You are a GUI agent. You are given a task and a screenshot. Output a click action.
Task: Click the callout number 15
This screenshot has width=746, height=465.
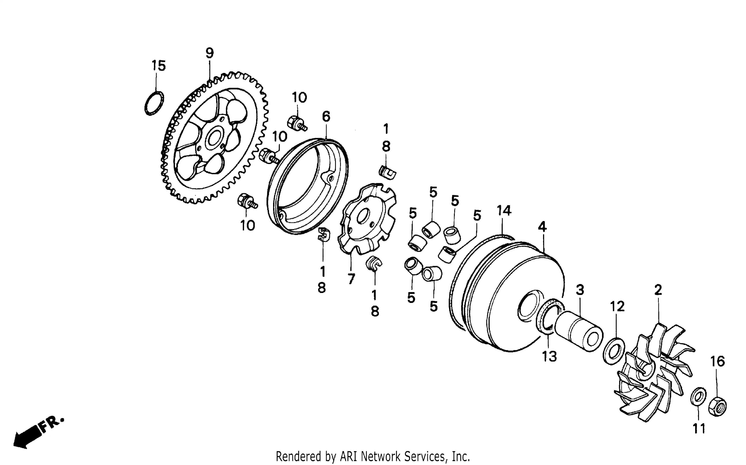158,66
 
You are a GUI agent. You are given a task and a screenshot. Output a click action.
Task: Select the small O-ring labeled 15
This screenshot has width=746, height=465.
154,103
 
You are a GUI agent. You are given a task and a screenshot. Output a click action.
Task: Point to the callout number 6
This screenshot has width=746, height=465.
326,117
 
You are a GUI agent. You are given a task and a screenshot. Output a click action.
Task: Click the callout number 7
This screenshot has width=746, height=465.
351,279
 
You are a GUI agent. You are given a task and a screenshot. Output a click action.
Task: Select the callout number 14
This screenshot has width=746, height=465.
504,211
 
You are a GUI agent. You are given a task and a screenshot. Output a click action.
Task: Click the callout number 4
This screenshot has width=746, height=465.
542,227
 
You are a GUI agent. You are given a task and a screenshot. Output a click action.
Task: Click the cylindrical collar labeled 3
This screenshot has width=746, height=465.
579,332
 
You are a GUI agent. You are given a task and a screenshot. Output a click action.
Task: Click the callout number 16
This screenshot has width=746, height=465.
718,361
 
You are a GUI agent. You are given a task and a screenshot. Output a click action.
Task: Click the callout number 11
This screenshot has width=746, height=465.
699,428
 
